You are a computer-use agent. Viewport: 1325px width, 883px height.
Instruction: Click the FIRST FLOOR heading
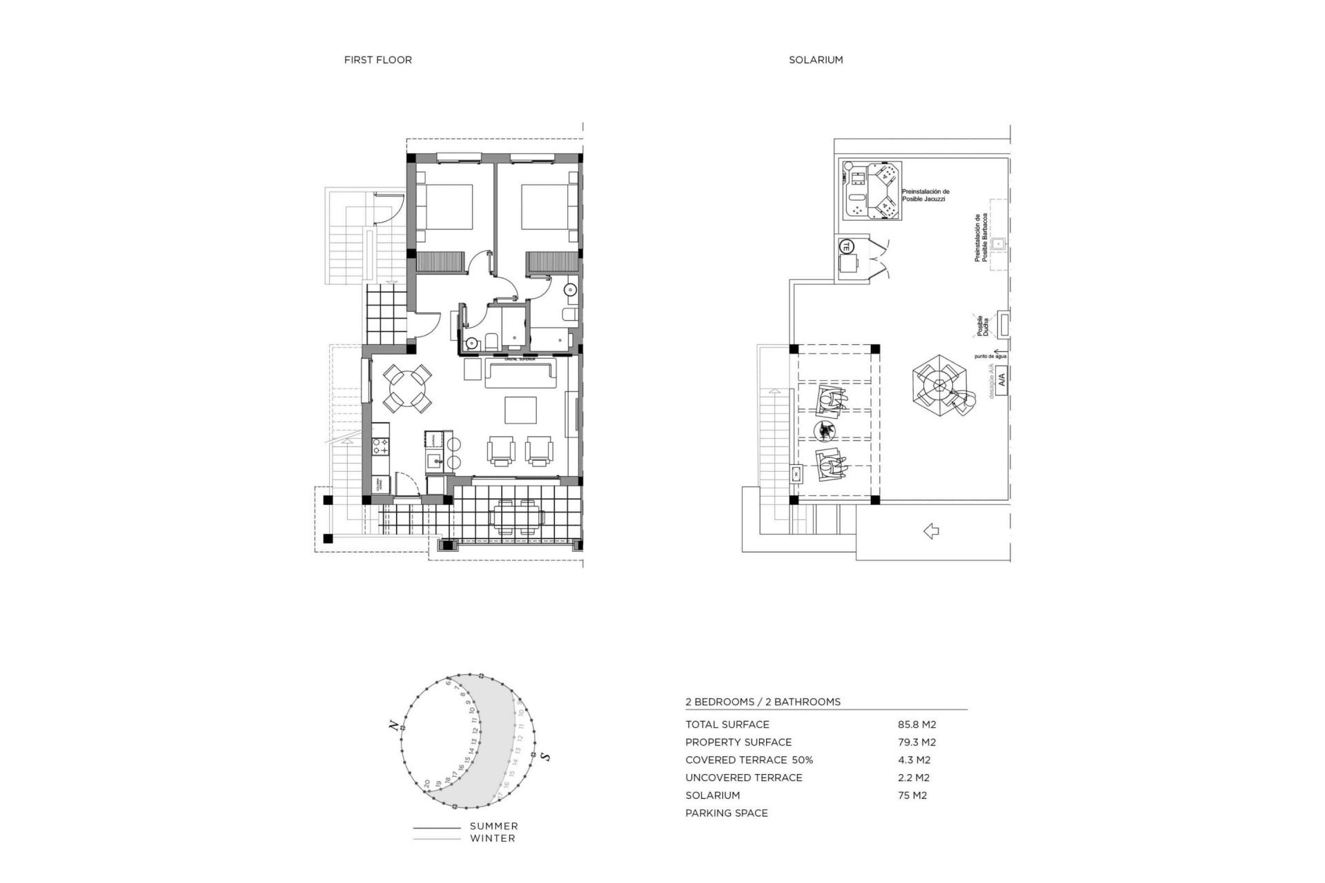pos(377,60)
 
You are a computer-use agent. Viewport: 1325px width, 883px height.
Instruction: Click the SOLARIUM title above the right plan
pos(816,60)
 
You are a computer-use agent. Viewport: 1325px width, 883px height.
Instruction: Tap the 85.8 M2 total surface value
pos(916,724)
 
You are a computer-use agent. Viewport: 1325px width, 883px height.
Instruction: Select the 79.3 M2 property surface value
pos(916,742)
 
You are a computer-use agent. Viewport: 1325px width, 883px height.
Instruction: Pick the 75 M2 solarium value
pos(912,795)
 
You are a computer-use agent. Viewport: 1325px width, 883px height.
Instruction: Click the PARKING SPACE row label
pos(726,813)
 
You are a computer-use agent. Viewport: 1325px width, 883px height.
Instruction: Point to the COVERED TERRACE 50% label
pos(749,760)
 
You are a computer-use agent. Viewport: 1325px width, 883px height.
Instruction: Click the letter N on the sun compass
pos(393,725)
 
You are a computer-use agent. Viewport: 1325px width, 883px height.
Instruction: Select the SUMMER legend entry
pos(493,826)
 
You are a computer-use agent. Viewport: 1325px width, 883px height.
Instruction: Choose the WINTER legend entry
pos(492,839)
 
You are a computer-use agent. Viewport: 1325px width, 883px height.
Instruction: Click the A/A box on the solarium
pos(1002,379)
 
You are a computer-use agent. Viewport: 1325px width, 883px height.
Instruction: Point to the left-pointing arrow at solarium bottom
pos(931,530)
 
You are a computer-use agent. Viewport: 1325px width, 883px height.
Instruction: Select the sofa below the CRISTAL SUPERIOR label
pos(521,373)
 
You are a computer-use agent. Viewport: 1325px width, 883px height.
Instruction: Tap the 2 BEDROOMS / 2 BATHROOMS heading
pos(763,702)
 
